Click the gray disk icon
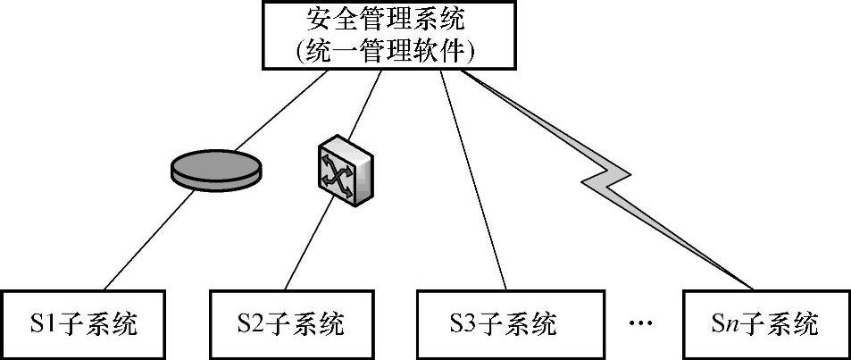pyautogui.click(x=217, y=169)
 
